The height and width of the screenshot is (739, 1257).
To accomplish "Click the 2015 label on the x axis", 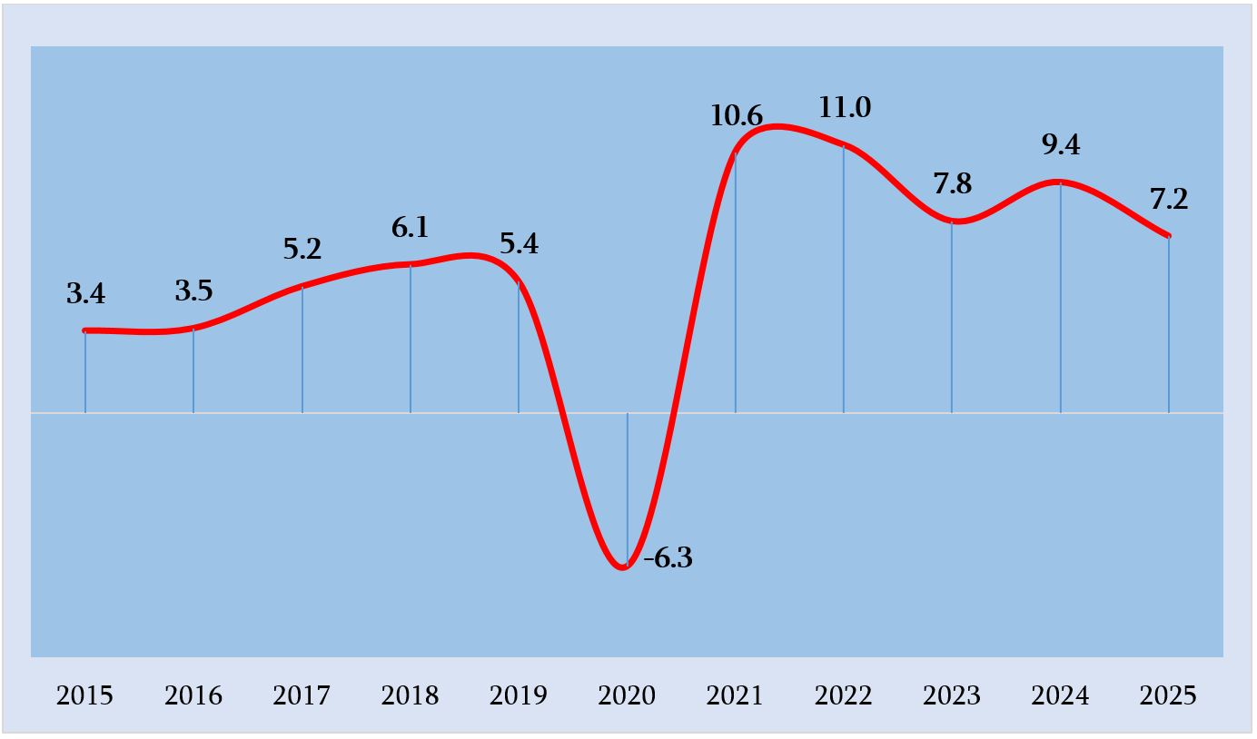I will [84, 696].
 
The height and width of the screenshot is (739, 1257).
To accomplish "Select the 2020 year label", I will [627, 696].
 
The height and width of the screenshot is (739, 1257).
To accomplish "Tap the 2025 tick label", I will [1168, 696].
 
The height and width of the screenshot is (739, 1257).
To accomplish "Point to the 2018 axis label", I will [410, 696].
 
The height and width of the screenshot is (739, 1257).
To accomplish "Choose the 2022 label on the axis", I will [843, 696].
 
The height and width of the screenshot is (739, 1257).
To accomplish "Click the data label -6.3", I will [668, 558].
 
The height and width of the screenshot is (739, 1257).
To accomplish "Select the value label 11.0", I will [844, 108].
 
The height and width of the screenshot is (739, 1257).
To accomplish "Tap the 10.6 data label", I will [736, 116].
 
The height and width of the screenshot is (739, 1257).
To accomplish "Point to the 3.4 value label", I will [85, 294].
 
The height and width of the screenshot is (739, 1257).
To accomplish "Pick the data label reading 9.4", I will [1061, 144].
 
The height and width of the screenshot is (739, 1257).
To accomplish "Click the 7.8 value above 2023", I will [952, 184].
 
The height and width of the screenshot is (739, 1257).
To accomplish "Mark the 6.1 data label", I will [410, 228].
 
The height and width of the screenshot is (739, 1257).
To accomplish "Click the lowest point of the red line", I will [624, 567].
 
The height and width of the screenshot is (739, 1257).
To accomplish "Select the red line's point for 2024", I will [1060, 182].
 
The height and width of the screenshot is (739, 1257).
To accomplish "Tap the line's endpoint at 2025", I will [1168, 236].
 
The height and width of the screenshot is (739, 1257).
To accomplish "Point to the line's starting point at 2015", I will [85, 330].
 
